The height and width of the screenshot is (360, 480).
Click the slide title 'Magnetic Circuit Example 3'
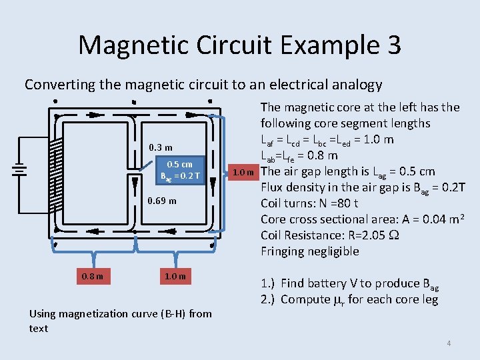pyautogui.click(x=239, y=45)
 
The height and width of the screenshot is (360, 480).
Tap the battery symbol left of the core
pyautogui.click(x=21, y=170)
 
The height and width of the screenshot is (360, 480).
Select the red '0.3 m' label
pyautogui.click(x=161, y=147)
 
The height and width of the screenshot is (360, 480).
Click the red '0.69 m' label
pyautogui.click(x=162, y=201)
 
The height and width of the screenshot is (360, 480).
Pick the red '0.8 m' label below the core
pyautogui.click(x=93, y=276)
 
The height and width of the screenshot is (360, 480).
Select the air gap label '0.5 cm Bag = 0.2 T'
pyautogui.click(x=179, y=171)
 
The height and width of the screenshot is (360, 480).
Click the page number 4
pyautogui.click(x=449, y=343)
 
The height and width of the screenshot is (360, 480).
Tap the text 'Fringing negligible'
pyautogui.click(x=309, y=251)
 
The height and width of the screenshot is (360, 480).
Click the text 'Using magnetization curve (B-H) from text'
pyautogui.click(x=120, y=321)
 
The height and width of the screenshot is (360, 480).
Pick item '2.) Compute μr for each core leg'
pyautogui.click(x=349, y=299)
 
